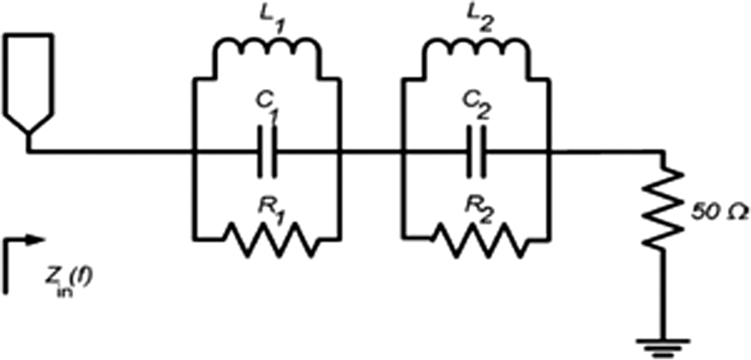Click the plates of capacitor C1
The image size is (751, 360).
click(x=267, y=152)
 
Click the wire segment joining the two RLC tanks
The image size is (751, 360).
click(x=370, y=152)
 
